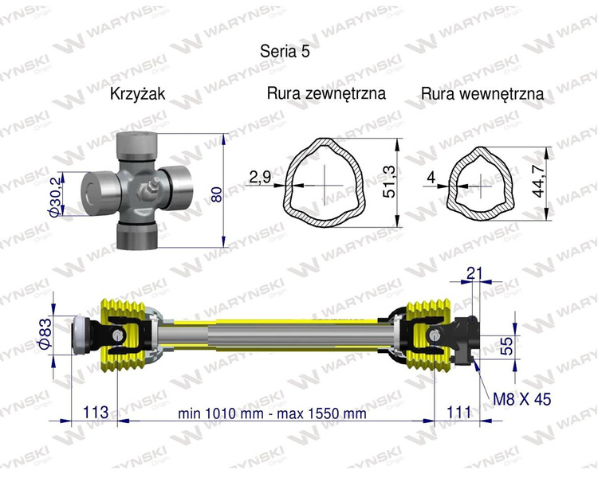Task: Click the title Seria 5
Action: tap(285, 51)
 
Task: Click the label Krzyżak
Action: tap(137, 94)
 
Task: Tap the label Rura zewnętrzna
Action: tap(326, 93)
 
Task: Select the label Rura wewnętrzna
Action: tap(482, 94)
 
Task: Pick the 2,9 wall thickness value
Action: tap(260, 177)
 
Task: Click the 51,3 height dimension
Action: tap(389, 183)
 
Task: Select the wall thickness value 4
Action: tap(431, 178)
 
